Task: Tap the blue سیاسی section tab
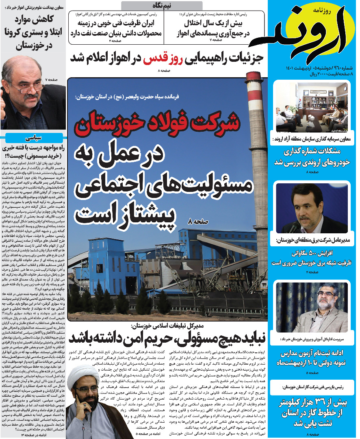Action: (x=33, y=138)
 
